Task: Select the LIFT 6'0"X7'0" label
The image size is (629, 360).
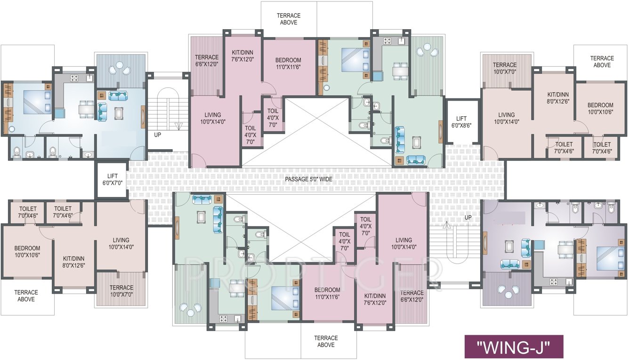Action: coord(112,179)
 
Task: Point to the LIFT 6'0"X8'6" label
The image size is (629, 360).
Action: coord(461,122)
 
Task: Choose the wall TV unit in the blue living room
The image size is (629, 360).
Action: coord(143,115)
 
